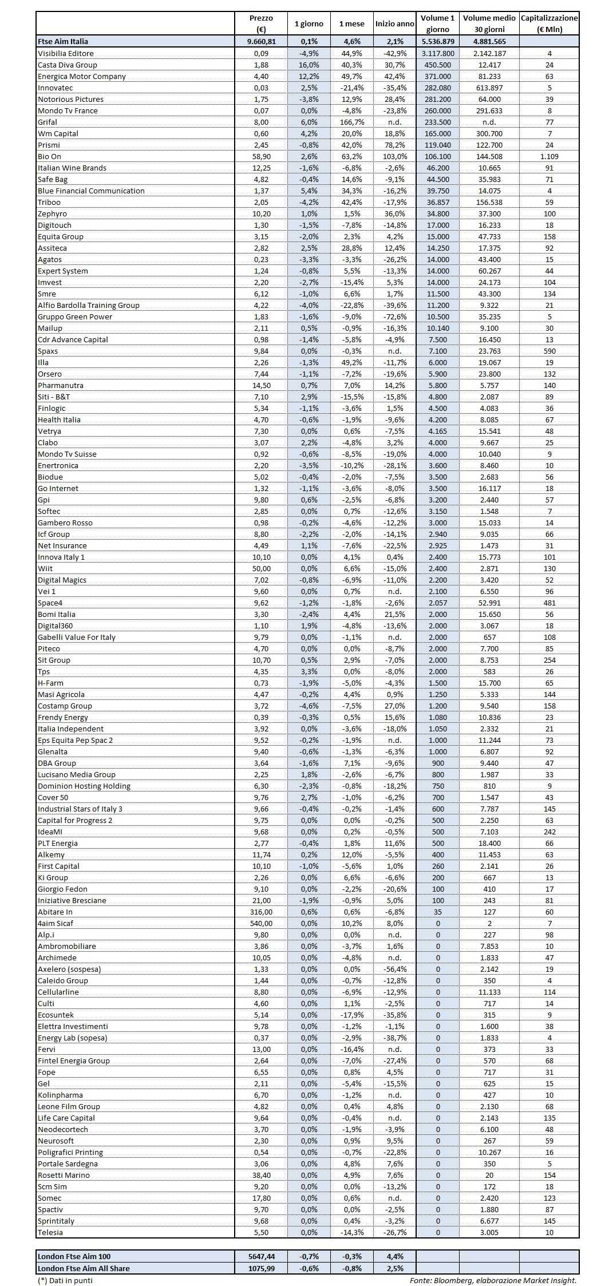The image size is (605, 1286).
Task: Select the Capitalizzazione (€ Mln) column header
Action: [x=549, y=23]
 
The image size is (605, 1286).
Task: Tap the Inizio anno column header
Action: [x=394, y=24]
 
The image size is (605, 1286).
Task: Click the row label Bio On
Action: [x=49, y=156]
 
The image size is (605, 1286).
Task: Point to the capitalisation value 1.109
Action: [x=549, y=156]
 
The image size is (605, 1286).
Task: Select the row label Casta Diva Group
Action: [x=67, y=65]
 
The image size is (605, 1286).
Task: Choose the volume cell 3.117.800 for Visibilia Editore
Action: [x=437, y=53]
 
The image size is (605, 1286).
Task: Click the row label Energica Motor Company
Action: [x=81, y=76]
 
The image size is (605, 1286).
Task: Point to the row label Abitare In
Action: [x=55, y=912]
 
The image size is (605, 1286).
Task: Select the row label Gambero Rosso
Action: [x=65, y=523]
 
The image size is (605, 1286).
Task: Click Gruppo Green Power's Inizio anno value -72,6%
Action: [x=394, y=316]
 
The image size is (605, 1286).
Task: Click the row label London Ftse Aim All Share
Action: [x=84, y=1268]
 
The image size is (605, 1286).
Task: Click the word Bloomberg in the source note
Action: [x=453, y=1280]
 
